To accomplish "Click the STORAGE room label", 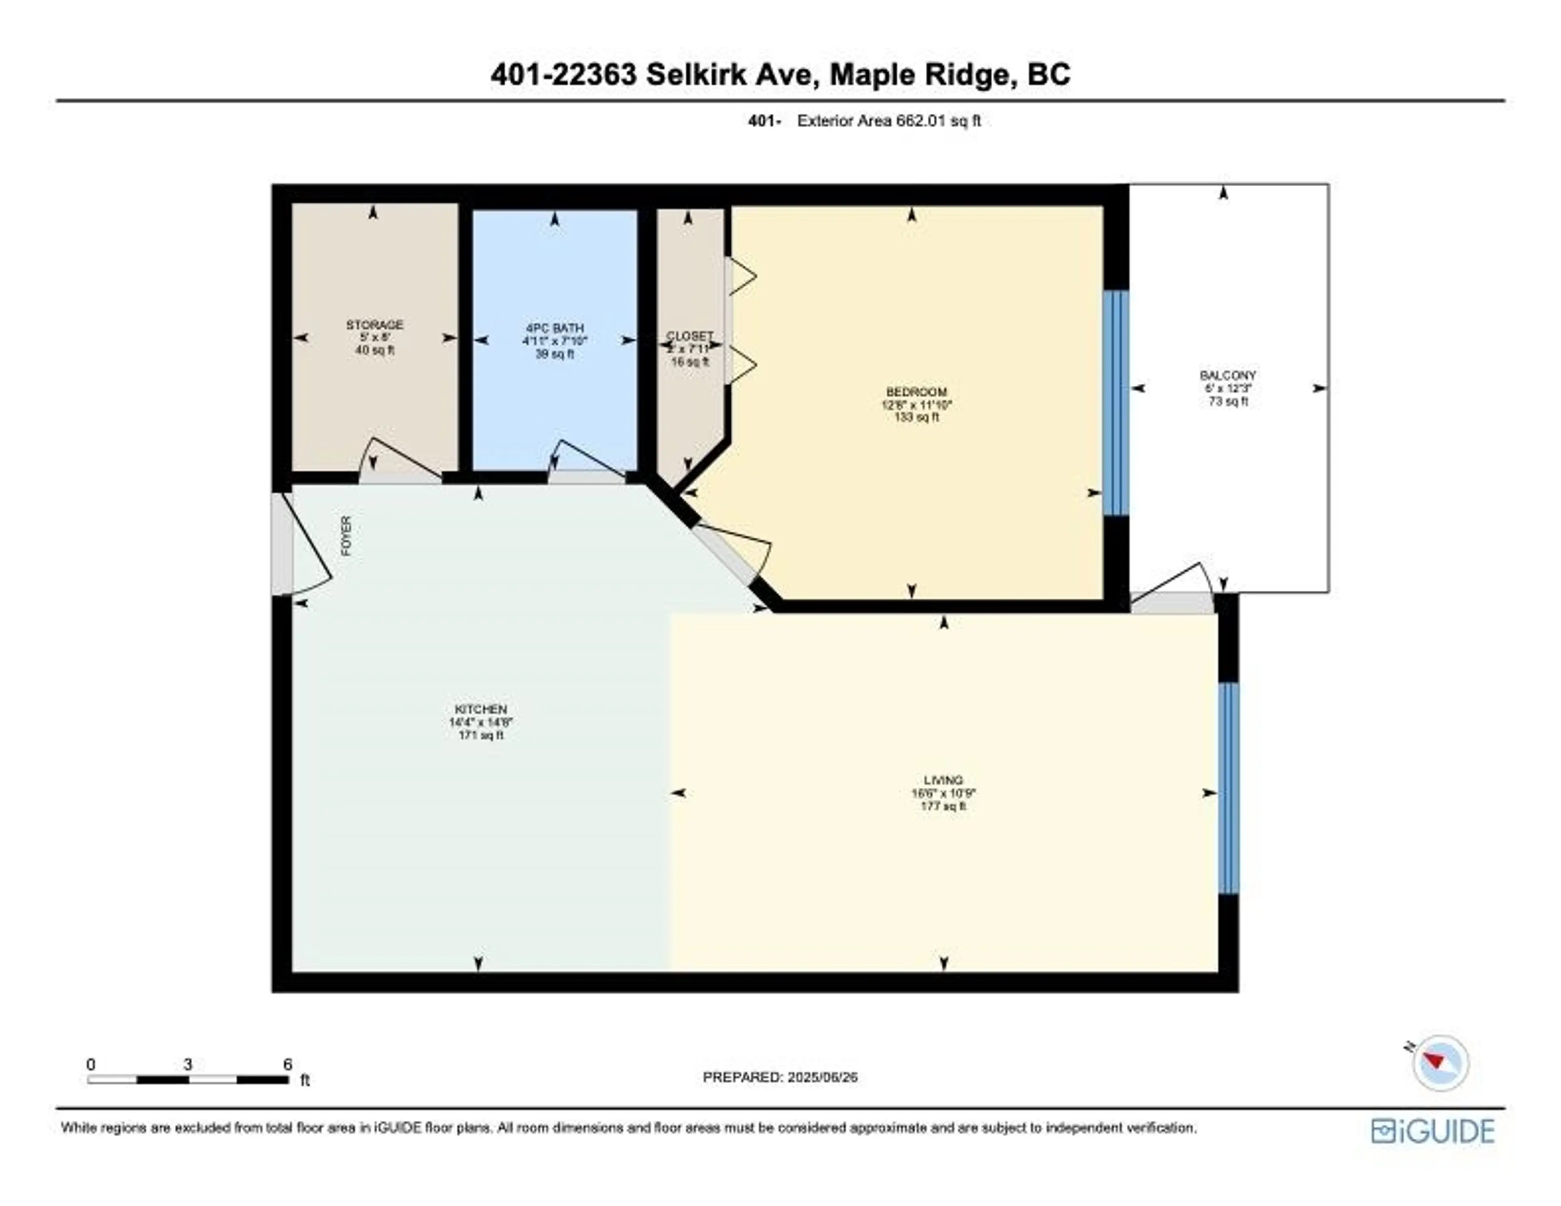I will click(374, 324).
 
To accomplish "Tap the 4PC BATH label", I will click(554, 328).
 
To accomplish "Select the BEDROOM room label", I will click(916, 392).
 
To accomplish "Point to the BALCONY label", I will click(1227, 375).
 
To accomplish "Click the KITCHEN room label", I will click(481, 709).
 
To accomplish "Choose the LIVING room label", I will click(943, 780).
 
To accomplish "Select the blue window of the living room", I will click(1228, 788).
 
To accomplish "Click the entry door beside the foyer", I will click(283, 543).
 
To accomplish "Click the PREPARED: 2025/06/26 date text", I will click(780, 1077).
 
